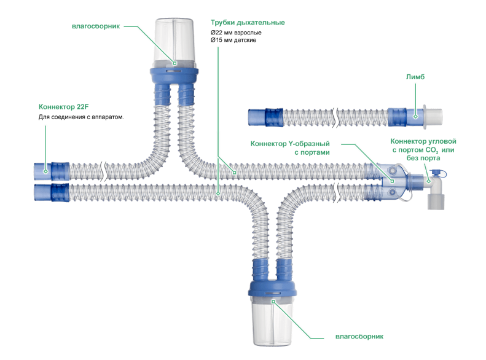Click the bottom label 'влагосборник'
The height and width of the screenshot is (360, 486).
[x=359, y=337]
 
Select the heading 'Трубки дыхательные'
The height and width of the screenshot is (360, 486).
[x=248, y=23]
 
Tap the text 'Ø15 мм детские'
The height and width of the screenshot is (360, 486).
[x=233, y=41]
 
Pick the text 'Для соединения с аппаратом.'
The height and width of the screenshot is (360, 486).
[x=81, y=117]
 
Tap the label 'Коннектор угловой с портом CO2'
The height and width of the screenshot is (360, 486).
[x=424, y=149]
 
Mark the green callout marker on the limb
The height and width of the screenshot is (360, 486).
[x=416, y=115]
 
